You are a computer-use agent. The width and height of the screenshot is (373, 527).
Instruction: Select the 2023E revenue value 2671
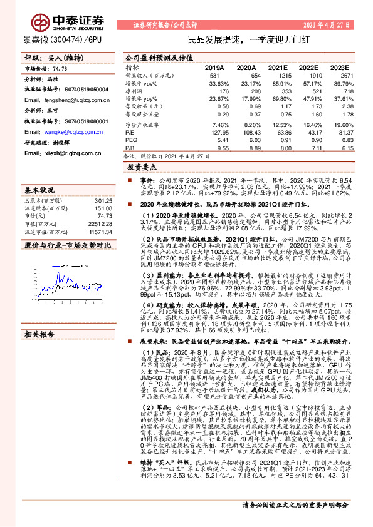pyautogui.click(x=337, y=75)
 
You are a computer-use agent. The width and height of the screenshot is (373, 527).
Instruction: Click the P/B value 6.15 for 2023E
pyautogui.click(x=339, y=150)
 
